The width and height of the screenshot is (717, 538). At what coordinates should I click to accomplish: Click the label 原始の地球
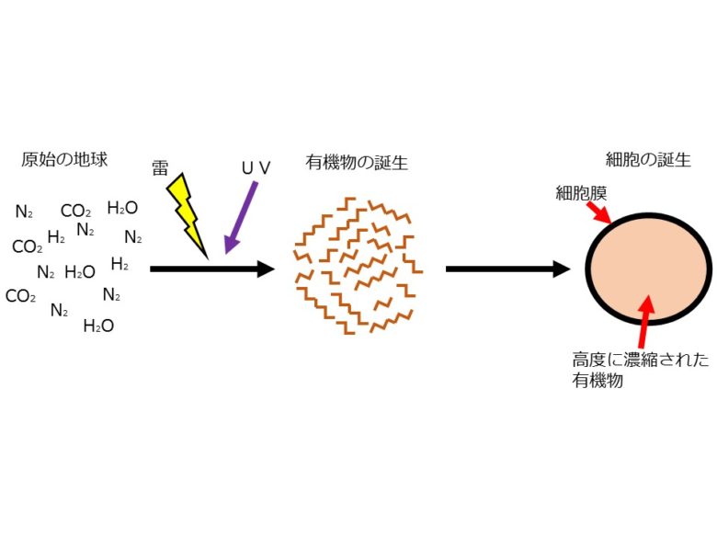(x=64, y=159)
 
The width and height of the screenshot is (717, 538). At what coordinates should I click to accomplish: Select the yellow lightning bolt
(x=188, y=211)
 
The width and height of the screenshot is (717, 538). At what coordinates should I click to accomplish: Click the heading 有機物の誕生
(x=357, y=163)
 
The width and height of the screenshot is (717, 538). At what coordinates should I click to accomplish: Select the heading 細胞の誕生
(x=648, y=159)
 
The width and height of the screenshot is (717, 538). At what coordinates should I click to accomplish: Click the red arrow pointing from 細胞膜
(x=598, y=213)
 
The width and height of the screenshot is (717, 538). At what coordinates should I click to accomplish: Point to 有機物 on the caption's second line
(x=597, y=380)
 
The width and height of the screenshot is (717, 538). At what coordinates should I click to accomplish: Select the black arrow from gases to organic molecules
(x=211, y=269)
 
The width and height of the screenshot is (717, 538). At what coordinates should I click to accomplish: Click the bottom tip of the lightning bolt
(x=206, y=254)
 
